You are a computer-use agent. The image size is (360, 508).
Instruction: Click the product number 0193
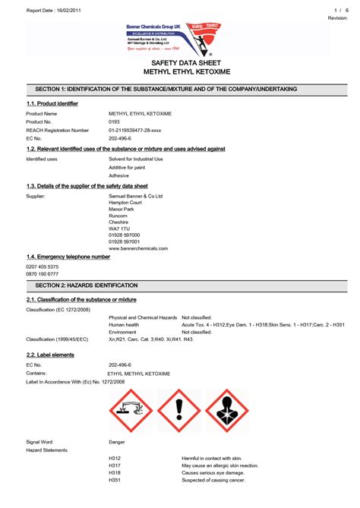[x=115, y=121]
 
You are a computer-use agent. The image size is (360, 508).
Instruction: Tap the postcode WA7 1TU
[x=119, y=228]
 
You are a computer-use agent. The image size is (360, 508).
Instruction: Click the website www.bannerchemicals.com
[x=138, y=248]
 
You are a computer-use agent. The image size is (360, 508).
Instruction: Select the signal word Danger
[x=117, y=441]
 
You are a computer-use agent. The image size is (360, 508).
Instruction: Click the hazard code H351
[x=115, y=479]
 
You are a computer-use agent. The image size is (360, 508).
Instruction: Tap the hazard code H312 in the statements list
[x=115, y=459]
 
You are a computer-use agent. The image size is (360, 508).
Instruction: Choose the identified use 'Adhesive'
[x=120, y=175]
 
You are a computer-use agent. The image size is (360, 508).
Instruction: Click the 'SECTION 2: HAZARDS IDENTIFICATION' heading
[x=87, y=285]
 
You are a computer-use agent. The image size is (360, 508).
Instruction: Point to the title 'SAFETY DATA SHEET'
[x=179, y=63]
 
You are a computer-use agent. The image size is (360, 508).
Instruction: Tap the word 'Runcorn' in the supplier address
[x=119, y=215]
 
